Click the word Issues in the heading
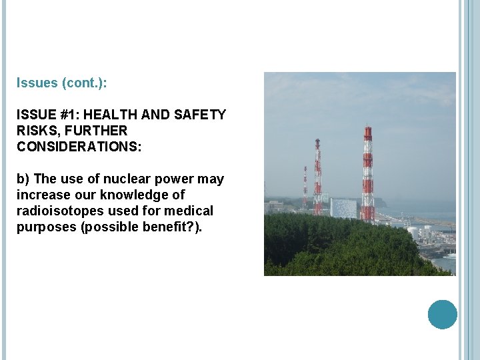click(x=37, y=84)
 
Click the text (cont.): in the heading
click(x=84, y=84)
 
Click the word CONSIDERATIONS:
click(x=79, y=147)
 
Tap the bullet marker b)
click(x=23, y=179)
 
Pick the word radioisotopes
click(x=55, y=211)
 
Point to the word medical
click(x=190, y=211)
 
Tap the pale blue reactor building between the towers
click(x=343, y=207)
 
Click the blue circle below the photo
click(x=442, y=314)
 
